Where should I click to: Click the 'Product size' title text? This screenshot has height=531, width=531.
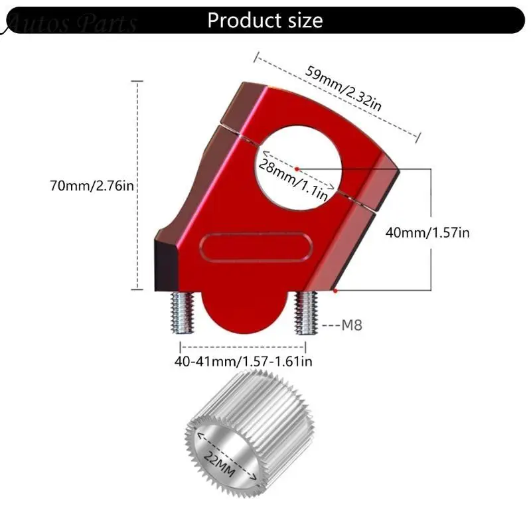265,21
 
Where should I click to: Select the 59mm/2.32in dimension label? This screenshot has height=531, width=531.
343,89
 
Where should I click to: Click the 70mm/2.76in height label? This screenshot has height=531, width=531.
92,186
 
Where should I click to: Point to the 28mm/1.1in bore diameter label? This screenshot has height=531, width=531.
293,180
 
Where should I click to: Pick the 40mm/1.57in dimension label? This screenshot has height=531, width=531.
427,233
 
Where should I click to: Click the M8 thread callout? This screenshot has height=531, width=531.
352,325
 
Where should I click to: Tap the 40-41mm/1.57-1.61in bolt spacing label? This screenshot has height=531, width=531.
243,361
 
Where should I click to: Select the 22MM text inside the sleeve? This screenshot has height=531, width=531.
220,464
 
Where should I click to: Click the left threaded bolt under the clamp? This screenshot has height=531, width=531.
182,312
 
